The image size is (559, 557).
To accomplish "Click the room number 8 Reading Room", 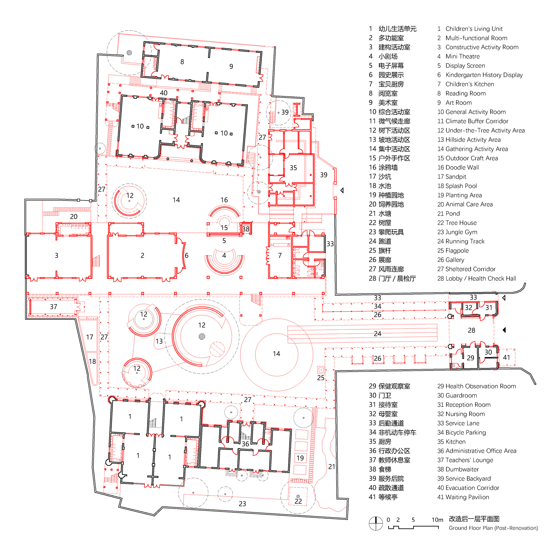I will point(182,62).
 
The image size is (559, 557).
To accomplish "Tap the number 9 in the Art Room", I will point(231,66).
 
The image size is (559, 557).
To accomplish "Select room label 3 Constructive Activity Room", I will point(56,255).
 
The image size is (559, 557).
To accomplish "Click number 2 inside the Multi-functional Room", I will point(142,255).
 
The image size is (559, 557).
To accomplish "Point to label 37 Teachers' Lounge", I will point(54,307).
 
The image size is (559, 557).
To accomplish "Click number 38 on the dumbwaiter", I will point(246,229).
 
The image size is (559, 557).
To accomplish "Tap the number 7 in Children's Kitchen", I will point(280,255).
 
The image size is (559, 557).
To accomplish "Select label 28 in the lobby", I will point(471,330).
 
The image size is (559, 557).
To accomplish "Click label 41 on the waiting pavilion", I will point(506,358).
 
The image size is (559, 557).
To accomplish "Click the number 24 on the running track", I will point(377,334).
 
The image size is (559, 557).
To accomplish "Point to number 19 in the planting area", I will point(300,458).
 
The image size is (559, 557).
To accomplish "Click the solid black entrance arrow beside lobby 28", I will point(504,330).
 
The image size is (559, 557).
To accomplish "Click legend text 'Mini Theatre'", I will point(462,56).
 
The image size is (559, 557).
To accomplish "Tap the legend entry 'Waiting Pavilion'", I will point(467,497).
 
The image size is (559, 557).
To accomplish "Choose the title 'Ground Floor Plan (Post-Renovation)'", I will point(493,528).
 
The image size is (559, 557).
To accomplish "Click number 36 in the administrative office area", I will point(245,444).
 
